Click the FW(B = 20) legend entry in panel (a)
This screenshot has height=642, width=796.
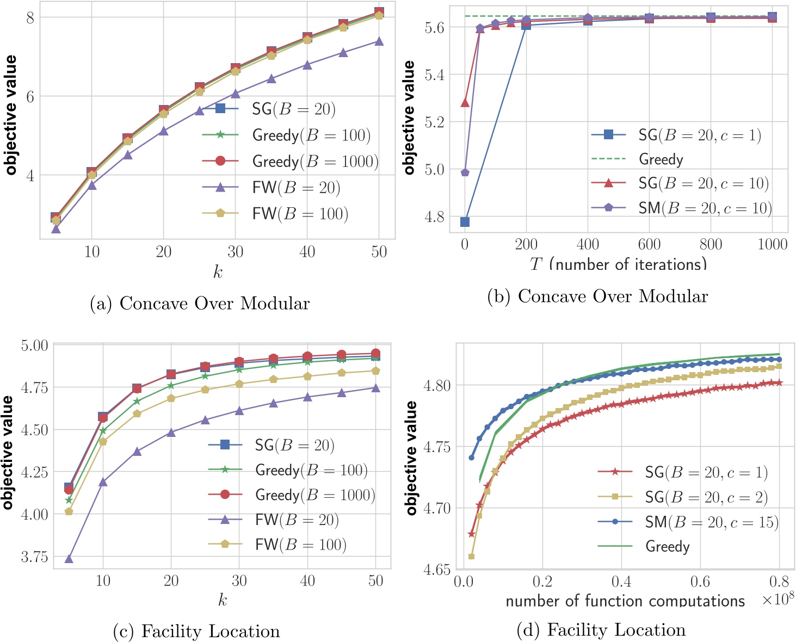coord(296,188)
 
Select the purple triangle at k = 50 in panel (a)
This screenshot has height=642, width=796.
coord(379,41)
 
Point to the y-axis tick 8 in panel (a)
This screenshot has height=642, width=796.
coord(29,17)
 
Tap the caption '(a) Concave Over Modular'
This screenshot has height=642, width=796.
coord(200,304)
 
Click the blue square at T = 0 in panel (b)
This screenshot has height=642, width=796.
coord(465,221)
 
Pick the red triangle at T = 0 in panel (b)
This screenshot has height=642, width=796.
coord(465,102)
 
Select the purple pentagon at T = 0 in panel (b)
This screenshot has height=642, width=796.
coord(465,172)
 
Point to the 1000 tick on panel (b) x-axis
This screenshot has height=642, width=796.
coord(772,244)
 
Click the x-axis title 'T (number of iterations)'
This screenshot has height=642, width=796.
coord(619,264)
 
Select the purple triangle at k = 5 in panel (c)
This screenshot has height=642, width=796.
coord(69,559)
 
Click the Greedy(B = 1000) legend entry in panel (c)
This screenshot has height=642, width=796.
coord(315,495)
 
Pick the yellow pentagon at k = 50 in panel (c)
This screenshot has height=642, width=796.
coord(375,371)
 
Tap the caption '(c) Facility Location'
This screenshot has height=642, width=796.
coord(196,631)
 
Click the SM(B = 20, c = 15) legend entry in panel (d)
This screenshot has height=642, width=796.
coord(712,522)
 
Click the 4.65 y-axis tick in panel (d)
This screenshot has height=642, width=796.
coord(437,569)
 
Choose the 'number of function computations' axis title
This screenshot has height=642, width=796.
coord(625,601)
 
